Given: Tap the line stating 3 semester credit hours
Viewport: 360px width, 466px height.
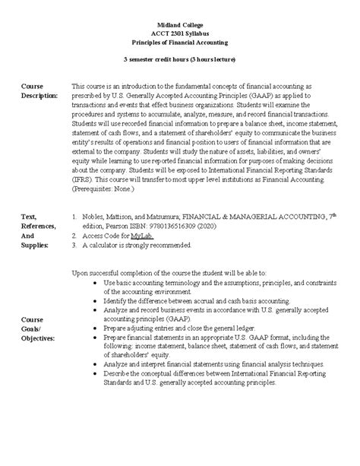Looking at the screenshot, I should click(x=180, y=59).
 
